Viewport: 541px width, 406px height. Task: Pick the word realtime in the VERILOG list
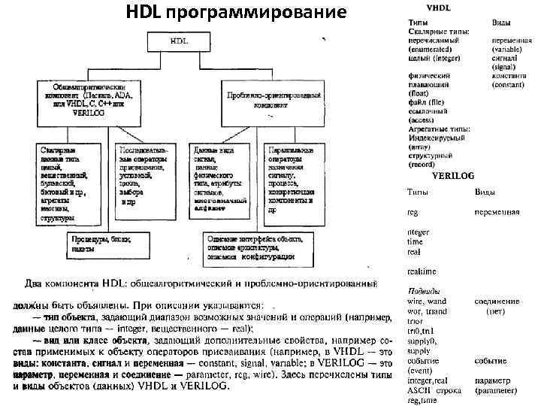(422, 271)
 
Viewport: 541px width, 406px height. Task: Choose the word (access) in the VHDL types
(422, 120)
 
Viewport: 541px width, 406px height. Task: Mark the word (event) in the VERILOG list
(420, 371)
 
